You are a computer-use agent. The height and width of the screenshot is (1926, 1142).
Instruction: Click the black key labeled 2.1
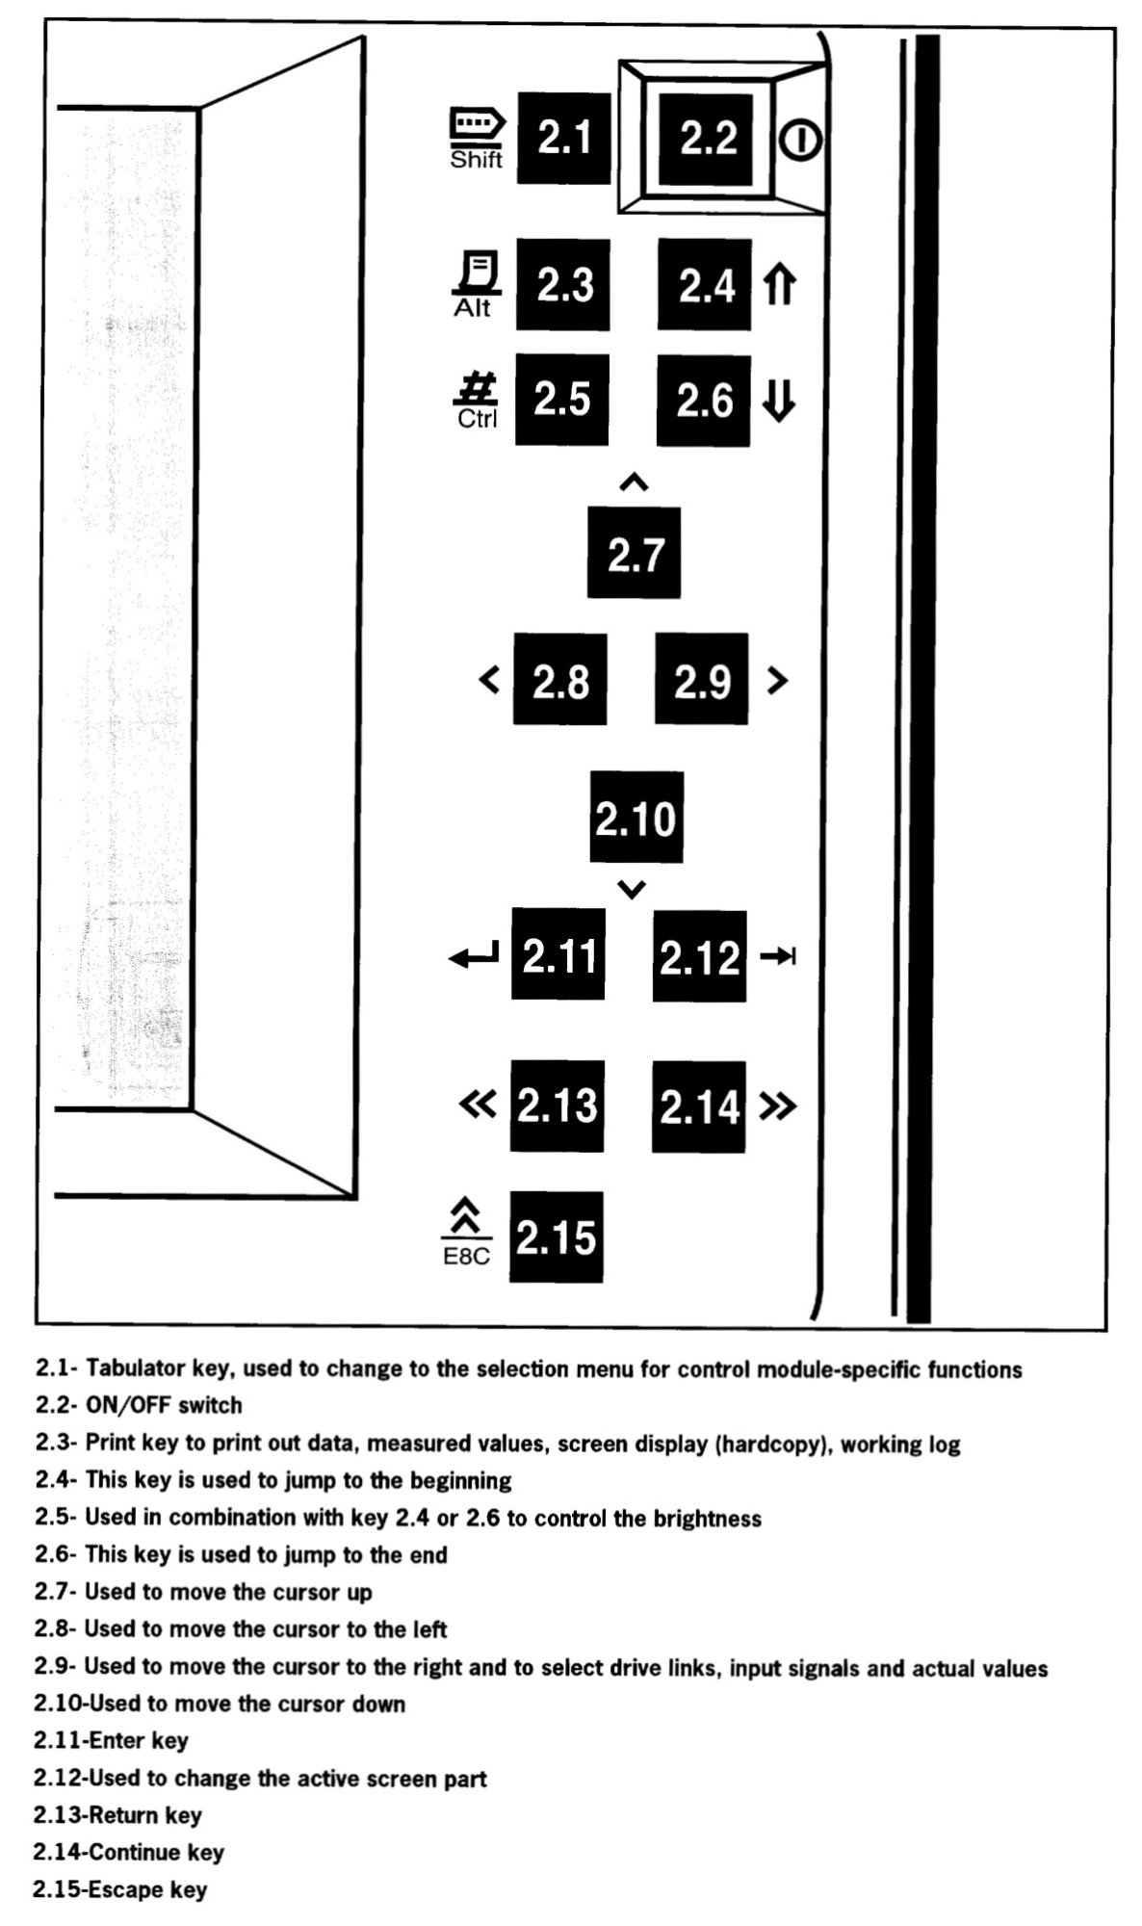[x=563, y=139]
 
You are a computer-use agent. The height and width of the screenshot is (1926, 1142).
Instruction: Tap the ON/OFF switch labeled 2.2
[x=707, y=138]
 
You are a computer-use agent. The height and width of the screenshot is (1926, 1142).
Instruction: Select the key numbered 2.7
[x=634, y=554]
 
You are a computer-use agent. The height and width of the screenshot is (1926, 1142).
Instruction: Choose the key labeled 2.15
[x=556, y=1237]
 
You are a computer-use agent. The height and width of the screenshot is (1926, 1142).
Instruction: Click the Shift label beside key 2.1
[x=476, y=160]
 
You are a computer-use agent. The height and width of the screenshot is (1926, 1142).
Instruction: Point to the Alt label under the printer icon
[x=472, y=308]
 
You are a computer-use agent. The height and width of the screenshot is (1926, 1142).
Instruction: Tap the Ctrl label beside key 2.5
[x=477, y=419]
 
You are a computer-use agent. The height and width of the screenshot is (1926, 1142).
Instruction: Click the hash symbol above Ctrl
[x=477, y=390]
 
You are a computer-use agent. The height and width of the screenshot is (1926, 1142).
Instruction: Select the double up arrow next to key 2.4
[x=779, y=285]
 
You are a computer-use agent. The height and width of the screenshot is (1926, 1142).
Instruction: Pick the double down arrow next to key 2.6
[x=778, y=401]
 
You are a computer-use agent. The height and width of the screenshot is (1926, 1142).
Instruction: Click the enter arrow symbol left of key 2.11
[x=474, y=956]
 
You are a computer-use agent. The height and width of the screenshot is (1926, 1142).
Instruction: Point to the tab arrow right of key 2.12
[x=778, y=956]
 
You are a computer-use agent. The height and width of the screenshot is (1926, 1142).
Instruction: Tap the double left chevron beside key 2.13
[x=478, y=1105]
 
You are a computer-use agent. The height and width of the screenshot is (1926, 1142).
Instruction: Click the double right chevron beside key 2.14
[x=778, y=1106]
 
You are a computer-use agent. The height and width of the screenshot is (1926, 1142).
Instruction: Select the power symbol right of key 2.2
[x=800, y=141]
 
